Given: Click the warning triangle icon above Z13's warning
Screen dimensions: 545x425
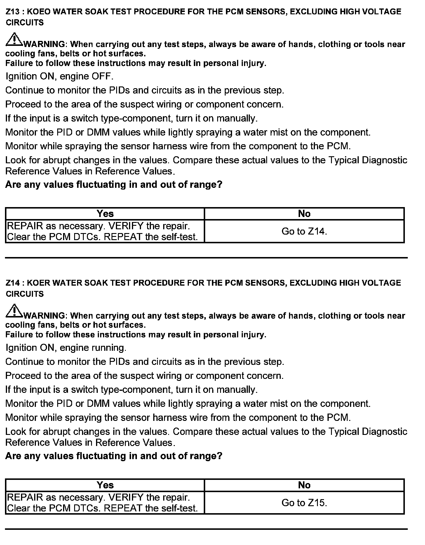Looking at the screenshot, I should coord(13,40).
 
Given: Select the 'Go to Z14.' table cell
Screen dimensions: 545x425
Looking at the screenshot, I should coord(304,231).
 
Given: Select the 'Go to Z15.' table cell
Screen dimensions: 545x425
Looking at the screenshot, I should coord(304,503).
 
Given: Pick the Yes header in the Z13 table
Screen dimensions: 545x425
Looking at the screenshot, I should coord(105,214).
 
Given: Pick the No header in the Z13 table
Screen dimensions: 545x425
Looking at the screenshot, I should coord(304,214).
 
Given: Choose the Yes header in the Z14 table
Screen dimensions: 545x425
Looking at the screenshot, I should coord(105,485).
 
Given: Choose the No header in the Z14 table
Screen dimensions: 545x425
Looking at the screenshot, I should coord(304,485).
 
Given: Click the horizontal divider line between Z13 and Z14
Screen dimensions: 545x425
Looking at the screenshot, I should coord(206,258).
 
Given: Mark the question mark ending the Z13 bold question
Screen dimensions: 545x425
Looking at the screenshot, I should coord(220,185).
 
